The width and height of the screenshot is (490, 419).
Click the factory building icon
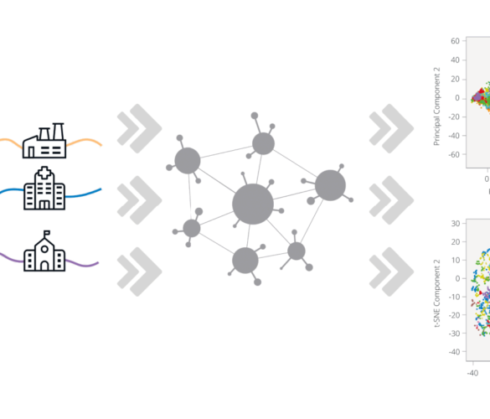44,141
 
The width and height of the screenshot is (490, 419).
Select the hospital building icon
44,189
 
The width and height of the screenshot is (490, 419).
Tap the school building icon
44,251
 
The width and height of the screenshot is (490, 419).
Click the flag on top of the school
47,233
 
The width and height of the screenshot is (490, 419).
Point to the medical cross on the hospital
44,173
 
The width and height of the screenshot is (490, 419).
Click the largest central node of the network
253,204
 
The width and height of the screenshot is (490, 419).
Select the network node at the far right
330,185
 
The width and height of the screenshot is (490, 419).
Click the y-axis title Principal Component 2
437,106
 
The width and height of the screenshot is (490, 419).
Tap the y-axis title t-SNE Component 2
437,293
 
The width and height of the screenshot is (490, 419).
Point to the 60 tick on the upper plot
456,41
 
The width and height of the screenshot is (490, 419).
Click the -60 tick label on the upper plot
454,154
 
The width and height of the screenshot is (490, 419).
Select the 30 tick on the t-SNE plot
456,224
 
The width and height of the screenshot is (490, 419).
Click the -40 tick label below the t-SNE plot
472,373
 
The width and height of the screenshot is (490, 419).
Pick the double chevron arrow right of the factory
139,128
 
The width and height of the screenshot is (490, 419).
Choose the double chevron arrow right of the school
139,272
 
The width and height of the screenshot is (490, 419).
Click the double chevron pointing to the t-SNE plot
391,272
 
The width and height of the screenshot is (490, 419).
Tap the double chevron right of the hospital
139,200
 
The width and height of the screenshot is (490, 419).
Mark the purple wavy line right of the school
82,263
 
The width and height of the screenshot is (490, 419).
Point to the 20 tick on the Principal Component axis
456,79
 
